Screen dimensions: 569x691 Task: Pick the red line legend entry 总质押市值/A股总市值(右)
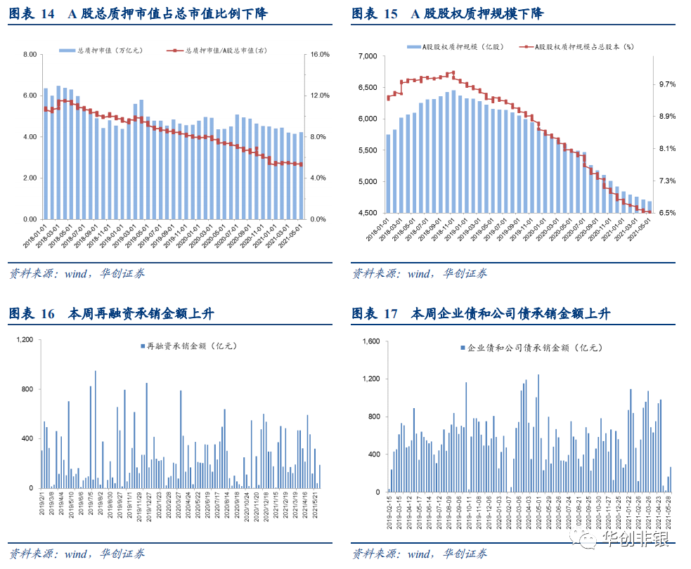click(221, 51)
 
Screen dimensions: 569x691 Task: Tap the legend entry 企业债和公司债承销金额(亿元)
click(531, 348)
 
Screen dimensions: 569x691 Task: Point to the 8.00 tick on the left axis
click(30, 54)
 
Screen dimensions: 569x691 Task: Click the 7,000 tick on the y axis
click(368, 56)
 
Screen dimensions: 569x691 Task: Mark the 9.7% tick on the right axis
click(667, 84)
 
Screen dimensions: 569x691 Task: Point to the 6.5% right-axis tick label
click(667, 213)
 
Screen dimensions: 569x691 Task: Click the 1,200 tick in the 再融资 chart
click(24, 339)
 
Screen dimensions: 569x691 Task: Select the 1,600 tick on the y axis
click(370, 341)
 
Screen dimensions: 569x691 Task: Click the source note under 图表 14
click(77, 273)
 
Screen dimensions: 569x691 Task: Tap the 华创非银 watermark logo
click(619, 539)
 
